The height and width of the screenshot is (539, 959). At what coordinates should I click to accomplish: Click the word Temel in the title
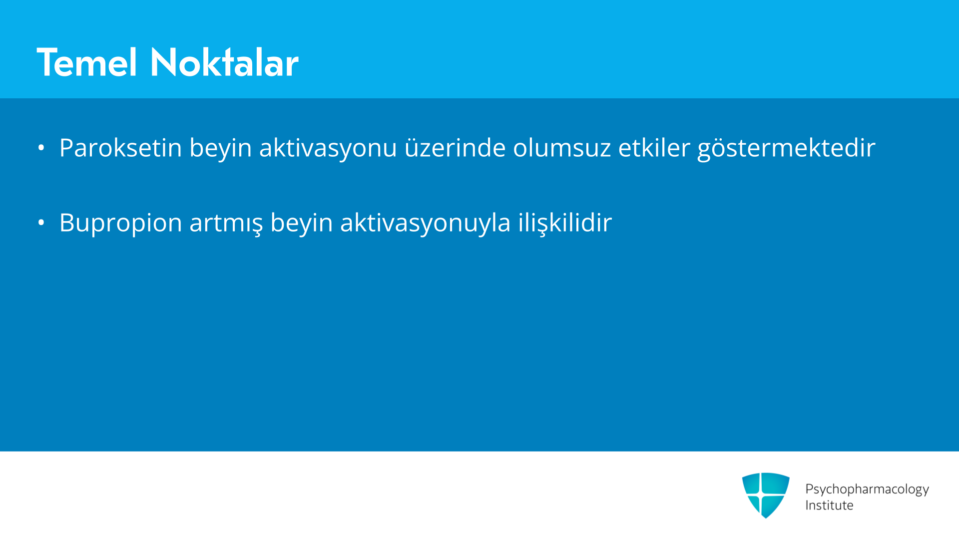click(x=87, y=62)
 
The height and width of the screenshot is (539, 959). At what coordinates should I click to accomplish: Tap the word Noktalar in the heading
click(x=224, y=62)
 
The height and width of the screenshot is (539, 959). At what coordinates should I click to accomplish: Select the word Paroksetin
click(x=120, y=148)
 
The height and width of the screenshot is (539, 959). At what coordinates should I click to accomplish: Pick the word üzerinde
click(x=455, y=148)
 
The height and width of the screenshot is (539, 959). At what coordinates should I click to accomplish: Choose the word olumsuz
click(x=562, y=148)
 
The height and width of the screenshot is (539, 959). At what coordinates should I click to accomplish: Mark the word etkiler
click(x=654, y=148)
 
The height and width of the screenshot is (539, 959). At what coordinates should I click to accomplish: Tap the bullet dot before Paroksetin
click(x=41, y=148)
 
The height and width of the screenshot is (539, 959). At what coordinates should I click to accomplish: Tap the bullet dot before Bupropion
click(x=41, y=223)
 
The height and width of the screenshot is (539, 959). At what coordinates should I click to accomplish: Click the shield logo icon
click(x=766, y=495)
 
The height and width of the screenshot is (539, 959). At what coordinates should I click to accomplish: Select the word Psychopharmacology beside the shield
click(x=867, y=490)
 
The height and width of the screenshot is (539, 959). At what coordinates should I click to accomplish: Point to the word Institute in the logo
click(x=829, y=505)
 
